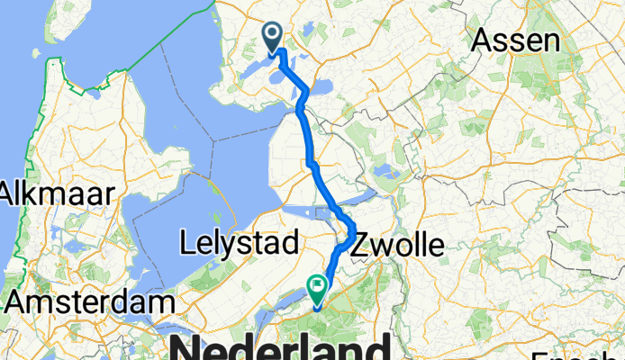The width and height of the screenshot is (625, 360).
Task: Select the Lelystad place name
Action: click(238, 242)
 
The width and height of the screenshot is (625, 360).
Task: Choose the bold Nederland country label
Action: click(279, 346)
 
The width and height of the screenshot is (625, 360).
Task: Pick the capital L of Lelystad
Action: click(186, 242)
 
